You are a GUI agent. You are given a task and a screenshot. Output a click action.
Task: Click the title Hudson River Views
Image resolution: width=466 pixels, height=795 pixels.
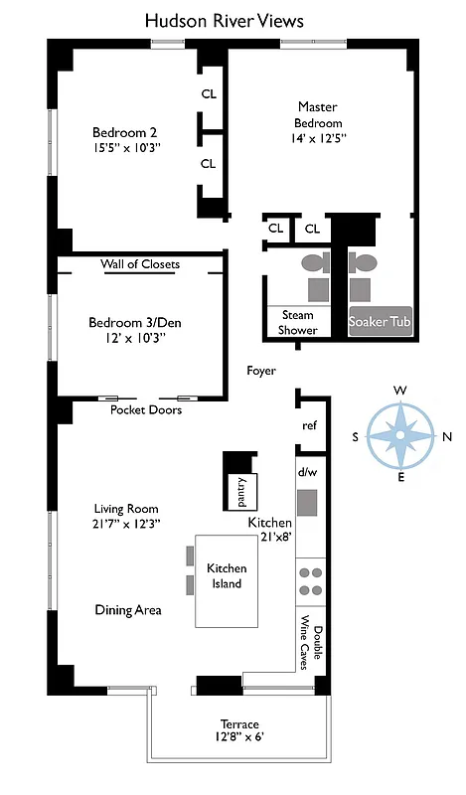click(224, 20)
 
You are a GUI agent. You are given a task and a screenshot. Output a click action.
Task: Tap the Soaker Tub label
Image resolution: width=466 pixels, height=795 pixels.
click(379, 322)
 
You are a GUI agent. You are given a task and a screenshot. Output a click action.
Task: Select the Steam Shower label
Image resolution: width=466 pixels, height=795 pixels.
click(297, 323)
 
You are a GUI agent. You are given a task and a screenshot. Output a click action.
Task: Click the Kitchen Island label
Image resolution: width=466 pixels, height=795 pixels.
click(226, 575)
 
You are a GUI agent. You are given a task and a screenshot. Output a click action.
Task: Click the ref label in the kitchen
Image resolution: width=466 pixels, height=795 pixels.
click(309, 425)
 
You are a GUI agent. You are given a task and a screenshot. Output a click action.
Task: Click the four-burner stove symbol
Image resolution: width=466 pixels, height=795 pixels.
click(311, 580)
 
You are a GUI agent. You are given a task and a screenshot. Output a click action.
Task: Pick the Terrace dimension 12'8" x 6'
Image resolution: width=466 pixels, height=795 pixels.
click(238, 737)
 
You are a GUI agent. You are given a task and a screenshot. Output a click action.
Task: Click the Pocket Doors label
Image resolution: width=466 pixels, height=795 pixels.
click(146, 409)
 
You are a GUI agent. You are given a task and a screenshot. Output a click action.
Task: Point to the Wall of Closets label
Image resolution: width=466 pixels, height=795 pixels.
click(140, 264)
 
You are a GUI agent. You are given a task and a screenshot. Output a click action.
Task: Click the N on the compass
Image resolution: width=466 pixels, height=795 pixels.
click(446, 436)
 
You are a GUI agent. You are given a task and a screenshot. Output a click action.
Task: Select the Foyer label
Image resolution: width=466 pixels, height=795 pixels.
click(261, 371)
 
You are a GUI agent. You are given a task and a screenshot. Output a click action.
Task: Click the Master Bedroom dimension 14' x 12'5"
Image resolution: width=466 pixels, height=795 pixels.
click(318, 139)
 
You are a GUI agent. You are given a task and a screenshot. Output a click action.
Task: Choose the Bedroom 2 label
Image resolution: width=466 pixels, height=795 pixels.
click(125, 132)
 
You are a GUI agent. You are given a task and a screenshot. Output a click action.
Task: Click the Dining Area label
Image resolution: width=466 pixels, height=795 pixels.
click(128, 609)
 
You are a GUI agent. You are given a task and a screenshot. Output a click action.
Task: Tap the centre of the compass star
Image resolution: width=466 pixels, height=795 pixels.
click(399, 436)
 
